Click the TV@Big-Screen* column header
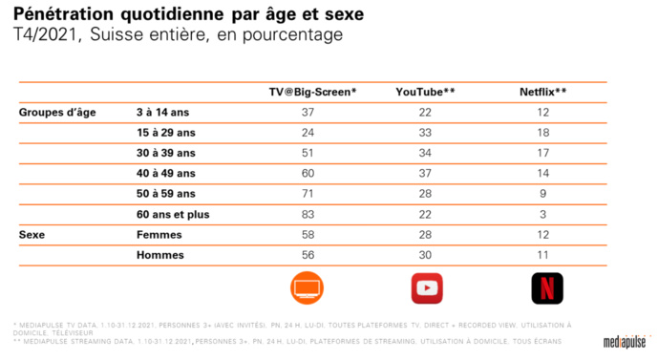coord(312,92)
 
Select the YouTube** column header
coord(425,92)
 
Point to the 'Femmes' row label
coord(160,235)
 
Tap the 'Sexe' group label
coord(34,235)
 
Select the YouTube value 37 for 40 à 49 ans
coord(425,174)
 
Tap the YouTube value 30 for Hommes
coord(425,256)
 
